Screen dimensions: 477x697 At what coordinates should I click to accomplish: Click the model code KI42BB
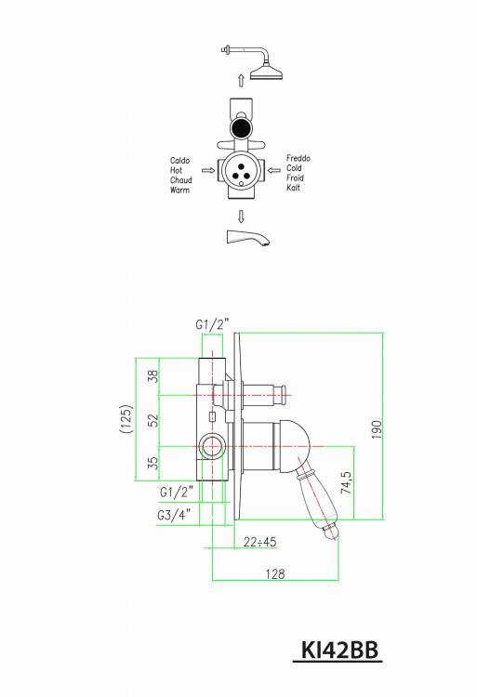click(339, 651)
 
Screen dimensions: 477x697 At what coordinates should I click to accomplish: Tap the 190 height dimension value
click(377, 430)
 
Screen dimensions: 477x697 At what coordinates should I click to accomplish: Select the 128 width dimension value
click(274, 574)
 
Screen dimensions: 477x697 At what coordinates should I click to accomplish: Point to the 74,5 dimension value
click(346, 482)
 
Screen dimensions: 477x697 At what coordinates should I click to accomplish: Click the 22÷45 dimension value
click(260, 542)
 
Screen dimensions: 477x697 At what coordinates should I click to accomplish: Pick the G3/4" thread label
click(174, 515)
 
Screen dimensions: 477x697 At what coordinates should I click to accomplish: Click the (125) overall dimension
click(126, 418)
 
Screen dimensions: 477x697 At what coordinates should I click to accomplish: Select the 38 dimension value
click(153, 376)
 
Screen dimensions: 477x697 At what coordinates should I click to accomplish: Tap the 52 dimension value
click(153, 420)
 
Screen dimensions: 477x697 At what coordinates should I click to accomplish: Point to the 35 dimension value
click(153, 463)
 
